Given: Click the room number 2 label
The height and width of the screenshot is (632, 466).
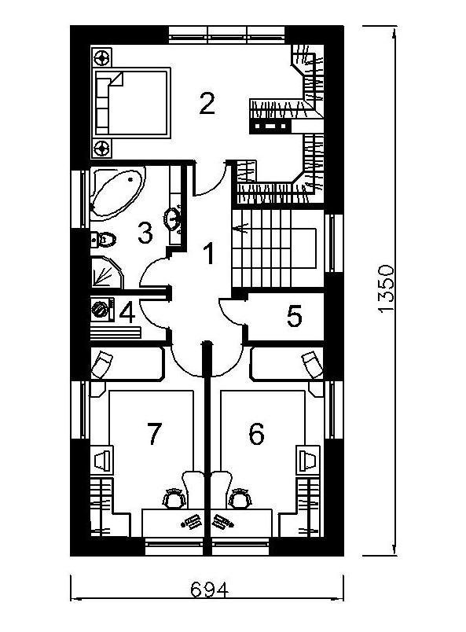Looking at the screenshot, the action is click(x=207, y=104).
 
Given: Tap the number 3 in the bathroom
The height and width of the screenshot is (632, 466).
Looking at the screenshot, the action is click(x=145, y=233).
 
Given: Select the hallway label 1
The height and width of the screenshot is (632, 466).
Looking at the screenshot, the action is click(x=208, y=254).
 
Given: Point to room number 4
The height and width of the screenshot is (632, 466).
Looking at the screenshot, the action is click(x=127, y=313).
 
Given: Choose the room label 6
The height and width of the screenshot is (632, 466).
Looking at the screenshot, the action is click(x=256, y=434).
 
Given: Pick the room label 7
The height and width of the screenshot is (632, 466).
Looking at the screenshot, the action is click(x=154, y=434).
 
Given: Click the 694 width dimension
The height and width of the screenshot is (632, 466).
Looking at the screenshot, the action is click(x=209, y=590).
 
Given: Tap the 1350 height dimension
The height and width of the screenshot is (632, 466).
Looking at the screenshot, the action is click(x=386, y=288).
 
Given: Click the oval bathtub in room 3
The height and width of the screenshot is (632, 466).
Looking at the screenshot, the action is click(x=118, y=193).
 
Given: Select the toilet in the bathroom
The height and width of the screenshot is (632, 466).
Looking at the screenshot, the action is click(x=103, y=240).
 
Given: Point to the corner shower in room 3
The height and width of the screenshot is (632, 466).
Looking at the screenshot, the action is click(x=106, y=272).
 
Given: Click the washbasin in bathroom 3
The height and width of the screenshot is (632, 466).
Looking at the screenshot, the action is click(x=174, y=219).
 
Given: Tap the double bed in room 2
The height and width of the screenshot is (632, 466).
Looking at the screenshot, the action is click(x=132, y=103).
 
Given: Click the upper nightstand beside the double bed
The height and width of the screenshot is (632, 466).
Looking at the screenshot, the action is click(x=101, y=57).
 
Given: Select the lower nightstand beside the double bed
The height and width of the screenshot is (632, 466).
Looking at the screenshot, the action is click(x=101, y=148).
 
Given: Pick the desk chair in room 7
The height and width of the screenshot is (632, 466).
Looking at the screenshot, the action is click(x=174, y=498).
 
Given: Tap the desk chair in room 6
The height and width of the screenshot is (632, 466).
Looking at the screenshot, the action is click(x=240, y=498).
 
